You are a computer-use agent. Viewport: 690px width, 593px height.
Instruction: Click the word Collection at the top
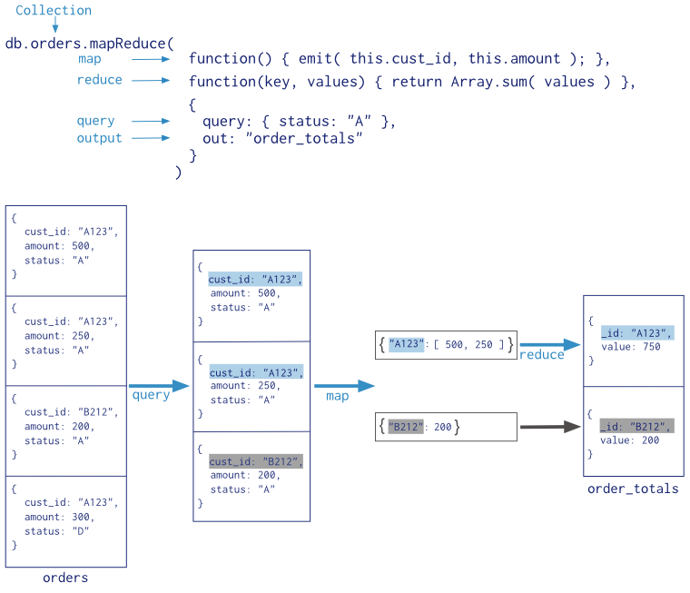(x=54, y=11)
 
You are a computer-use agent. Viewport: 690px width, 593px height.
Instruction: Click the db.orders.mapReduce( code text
(x=89, y=43)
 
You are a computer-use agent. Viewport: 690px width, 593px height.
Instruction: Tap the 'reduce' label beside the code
(x=99, y=80)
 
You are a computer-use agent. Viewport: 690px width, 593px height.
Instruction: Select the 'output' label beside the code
(x=99, y=138)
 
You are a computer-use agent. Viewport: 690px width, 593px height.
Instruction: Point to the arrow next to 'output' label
(x=152, y=138)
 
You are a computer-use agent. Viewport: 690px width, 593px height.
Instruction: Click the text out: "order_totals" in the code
(x=282, y=138)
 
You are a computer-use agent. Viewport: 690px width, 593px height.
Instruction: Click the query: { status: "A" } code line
(x=299, y=121)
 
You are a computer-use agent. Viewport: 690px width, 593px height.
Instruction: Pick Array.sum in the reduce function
(x=491, y=82)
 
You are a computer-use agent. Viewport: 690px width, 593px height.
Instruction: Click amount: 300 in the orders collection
(x=60, y=518)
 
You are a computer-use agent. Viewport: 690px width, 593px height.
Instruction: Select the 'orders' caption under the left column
(x=65, y=578)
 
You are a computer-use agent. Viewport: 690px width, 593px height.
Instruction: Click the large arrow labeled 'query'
(x=159, y=386)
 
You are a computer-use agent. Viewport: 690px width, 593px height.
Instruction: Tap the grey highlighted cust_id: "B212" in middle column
(x=255, y=461)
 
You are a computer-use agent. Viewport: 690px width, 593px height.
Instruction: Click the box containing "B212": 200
(x=445, y=426)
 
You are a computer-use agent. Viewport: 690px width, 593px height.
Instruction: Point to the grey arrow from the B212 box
(x=549, y=426)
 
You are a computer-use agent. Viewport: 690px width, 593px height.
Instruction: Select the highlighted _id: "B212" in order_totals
(x=636, y=426)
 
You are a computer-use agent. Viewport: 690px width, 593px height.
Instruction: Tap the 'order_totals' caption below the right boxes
(x=633, y=489)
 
